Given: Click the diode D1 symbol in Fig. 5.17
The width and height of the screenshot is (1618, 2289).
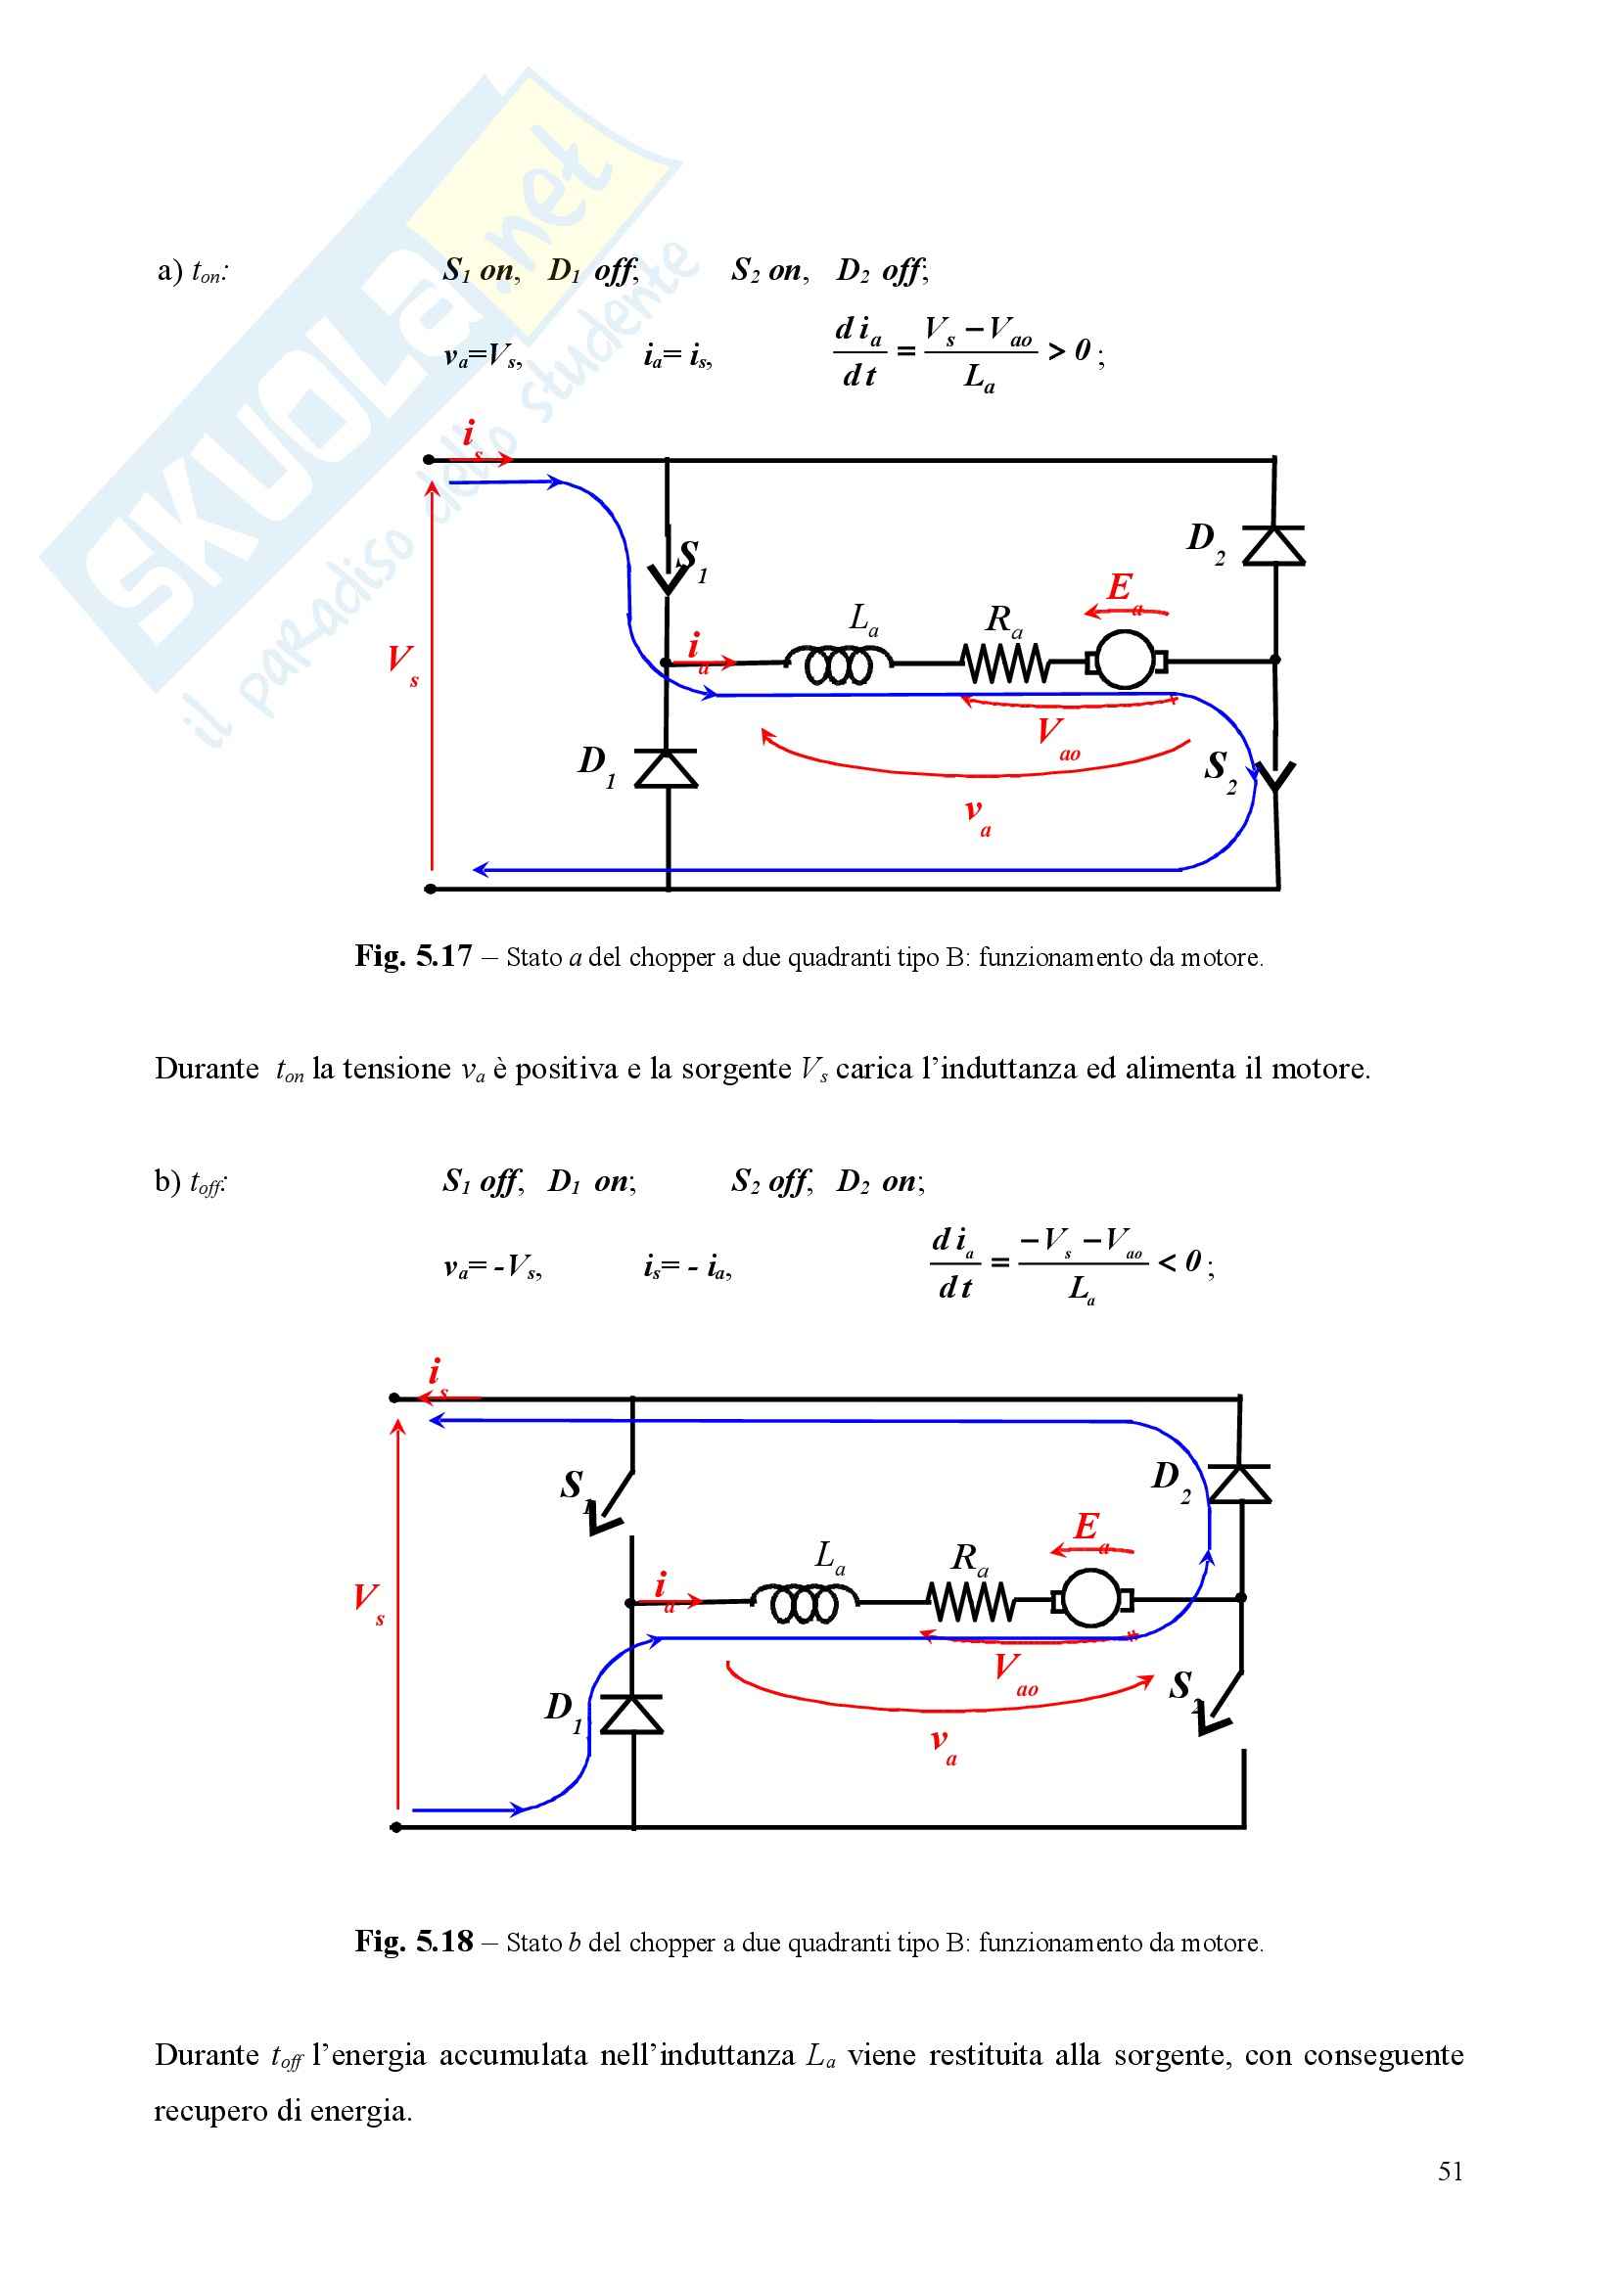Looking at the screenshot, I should coord(666,768).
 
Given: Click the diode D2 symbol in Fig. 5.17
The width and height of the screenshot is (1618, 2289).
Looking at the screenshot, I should coord(1275,546).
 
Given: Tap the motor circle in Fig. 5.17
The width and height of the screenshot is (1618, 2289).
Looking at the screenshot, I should coord(1125,660).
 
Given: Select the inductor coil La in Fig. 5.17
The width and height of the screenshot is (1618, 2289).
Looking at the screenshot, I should coord(839,664).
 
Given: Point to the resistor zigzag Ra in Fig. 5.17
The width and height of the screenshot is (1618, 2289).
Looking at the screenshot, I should coord(1004,663).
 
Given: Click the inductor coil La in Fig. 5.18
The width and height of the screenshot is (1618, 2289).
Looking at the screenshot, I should coord(804,1603).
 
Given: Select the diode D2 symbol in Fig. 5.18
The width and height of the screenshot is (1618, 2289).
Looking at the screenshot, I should coord(1240,1485).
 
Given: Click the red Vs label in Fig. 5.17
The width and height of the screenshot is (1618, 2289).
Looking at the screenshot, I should coord(402,662).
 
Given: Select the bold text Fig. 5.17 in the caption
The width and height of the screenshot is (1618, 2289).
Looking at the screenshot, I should coord(413,957).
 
